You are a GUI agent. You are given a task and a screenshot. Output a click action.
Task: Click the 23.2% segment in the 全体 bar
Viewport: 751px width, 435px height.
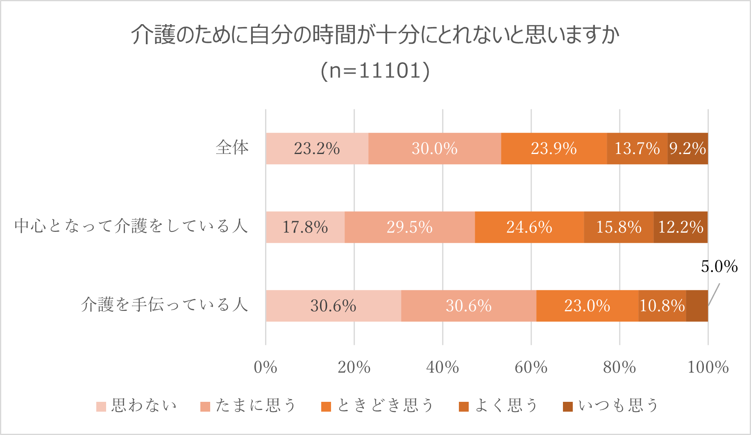pos(317,148)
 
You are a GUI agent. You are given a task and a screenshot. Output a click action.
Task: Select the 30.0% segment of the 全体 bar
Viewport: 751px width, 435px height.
pos(434,148)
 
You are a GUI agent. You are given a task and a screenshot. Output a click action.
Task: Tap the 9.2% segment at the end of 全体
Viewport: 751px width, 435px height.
pos(687,148)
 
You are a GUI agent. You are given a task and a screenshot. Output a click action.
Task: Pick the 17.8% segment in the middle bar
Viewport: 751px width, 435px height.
pos(305,227)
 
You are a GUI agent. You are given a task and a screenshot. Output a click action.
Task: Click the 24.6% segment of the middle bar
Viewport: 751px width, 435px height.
pos(529,227)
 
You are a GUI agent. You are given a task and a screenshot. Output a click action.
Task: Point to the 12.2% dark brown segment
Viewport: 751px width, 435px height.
pos(681,227)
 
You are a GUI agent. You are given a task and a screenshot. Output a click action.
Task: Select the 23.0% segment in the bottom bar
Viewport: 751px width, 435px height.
pos(587,306)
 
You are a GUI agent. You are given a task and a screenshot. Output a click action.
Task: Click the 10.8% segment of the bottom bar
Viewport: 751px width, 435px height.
pos(662,306)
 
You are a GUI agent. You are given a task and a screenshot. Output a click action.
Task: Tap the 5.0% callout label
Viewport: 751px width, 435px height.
pos(719,267)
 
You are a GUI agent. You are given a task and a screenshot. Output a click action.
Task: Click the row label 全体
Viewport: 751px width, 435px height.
pos(232,147)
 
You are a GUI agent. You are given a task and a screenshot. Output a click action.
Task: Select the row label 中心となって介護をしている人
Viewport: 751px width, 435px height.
pos(131,226)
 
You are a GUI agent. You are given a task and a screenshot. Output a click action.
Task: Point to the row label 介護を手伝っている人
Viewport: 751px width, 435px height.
pos(164,305)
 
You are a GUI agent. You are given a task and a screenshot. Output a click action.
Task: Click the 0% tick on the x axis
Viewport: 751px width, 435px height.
pos(265,367)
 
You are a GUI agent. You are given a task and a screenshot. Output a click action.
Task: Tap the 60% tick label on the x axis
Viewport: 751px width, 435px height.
pos(531,367)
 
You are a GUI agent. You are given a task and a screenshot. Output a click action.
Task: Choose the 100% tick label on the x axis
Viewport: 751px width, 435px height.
pos(708,367)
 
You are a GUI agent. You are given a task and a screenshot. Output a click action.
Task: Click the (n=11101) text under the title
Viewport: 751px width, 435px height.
pos(375,70)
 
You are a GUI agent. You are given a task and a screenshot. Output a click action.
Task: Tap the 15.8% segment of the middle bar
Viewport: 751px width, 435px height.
pos(619,227)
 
